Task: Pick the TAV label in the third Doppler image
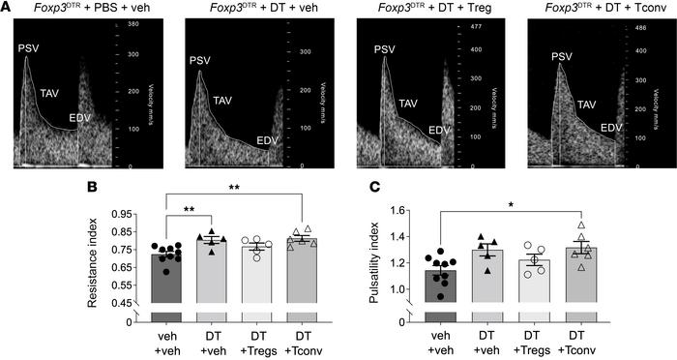pyautogui.click(x=409, y=103)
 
